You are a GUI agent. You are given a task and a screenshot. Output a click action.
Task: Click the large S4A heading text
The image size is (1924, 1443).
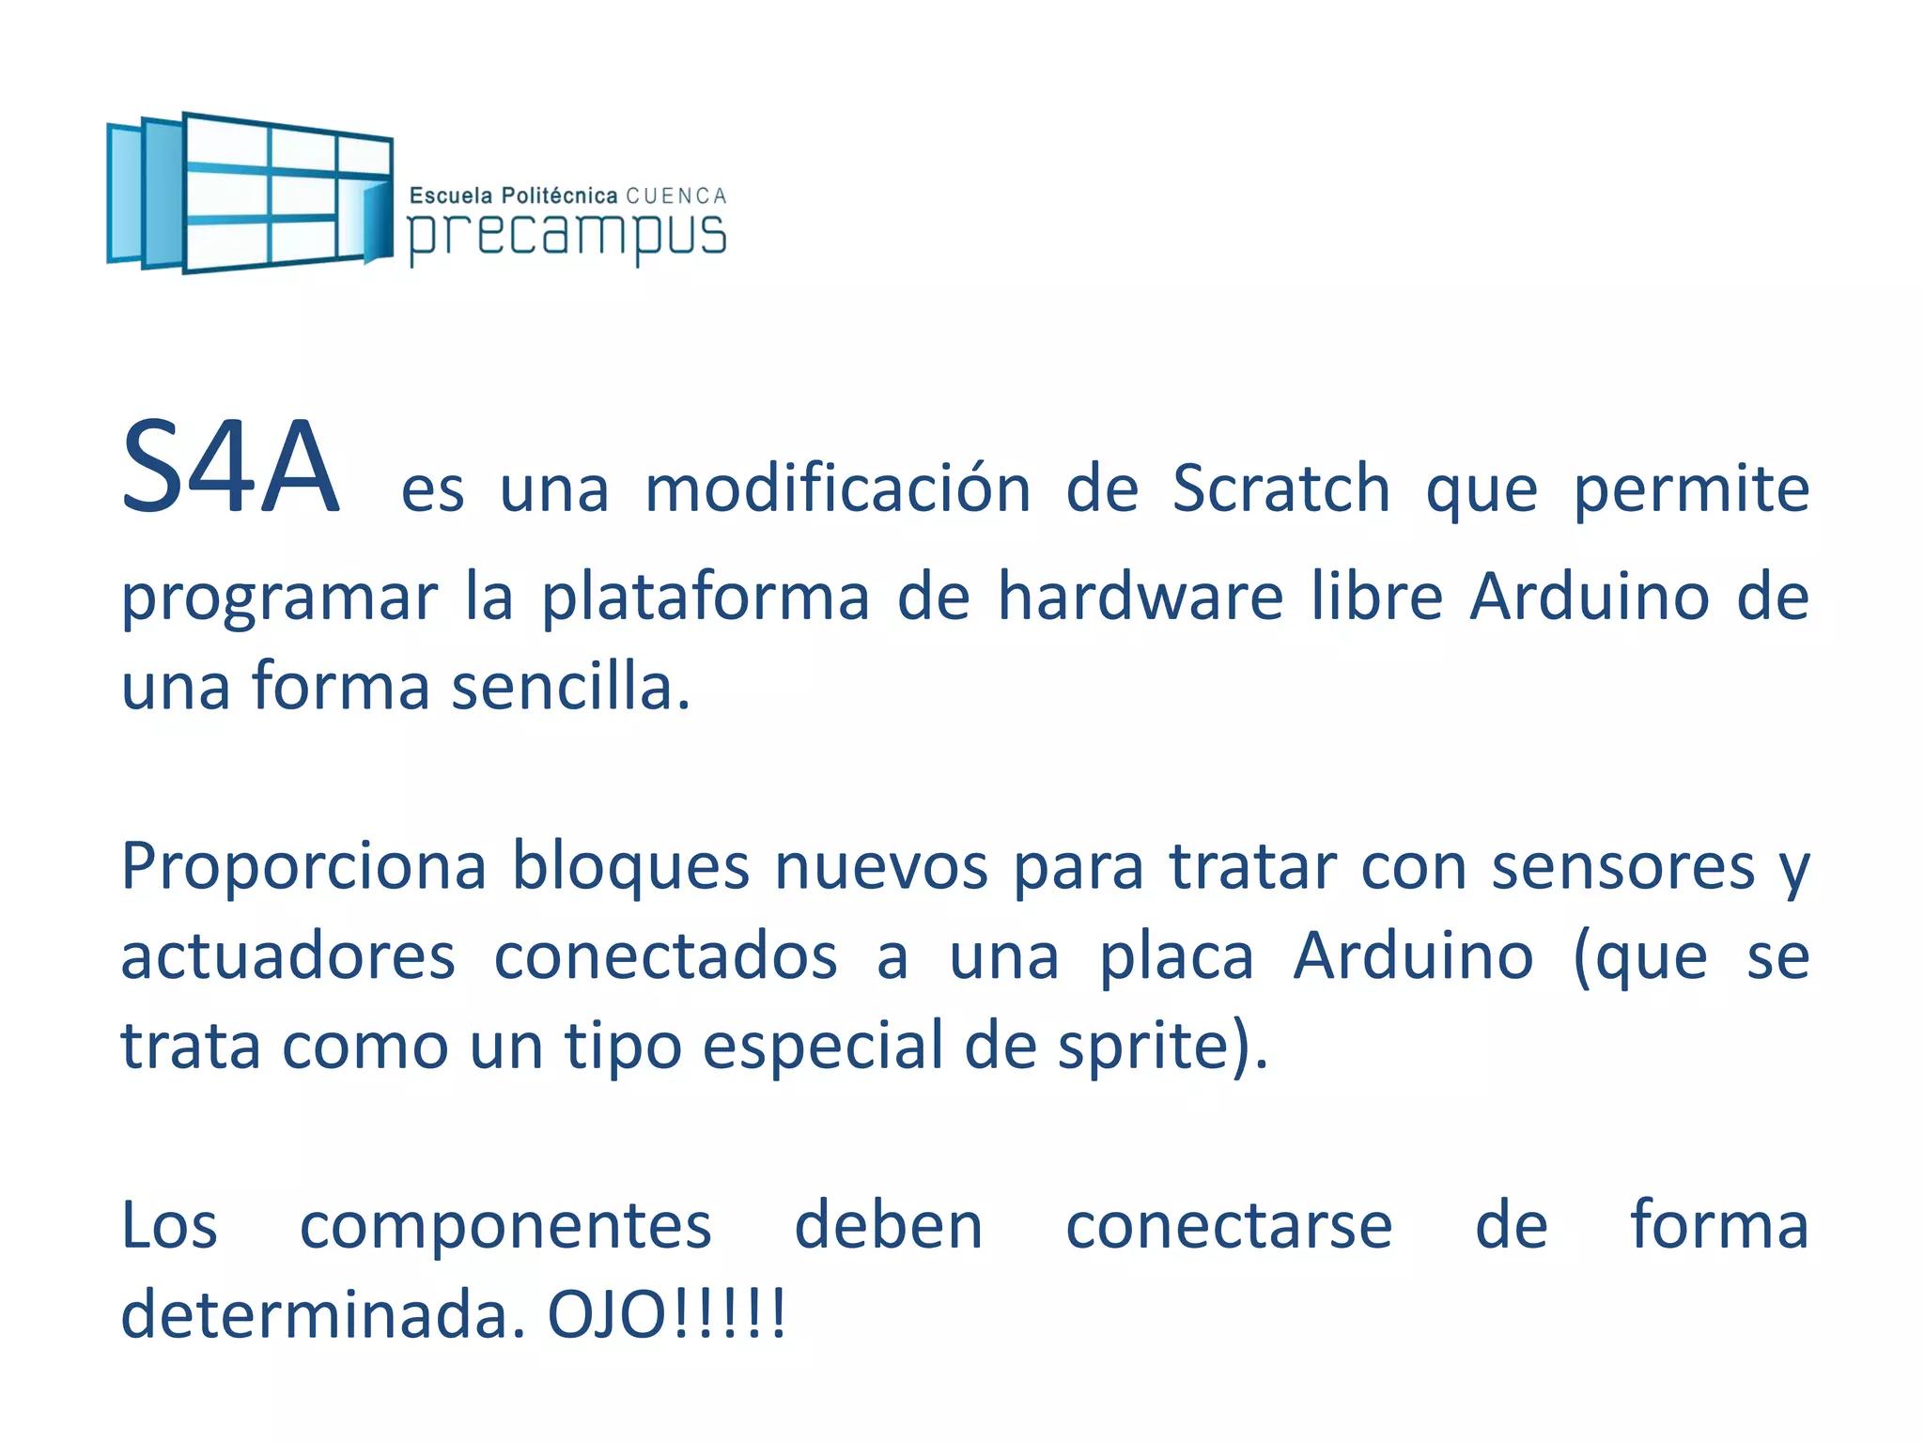coord(230,467)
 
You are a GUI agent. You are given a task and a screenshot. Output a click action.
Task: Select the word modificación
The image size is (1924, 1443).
coord(838,489)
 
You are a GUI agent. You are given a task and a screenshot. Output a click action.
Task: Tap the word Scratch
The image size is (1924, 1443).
coord(1280,489)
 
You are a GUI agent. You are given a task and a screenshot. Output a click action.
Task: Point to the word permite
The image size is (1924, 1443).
coord(1691,490)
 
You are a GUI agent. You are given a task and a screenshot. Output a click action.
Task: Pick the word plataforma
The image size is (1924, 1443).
coord(706,598)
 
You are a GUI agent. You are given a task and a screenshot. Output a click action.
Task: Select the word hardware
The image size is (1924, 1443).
coord(1140,597)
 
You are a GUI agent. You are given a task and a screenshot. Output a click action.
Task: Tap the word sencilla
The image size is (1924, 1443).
coord(570,686)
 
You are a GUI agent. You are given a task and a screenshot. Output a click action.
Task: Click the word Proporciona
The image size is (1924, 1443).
coord(303,866)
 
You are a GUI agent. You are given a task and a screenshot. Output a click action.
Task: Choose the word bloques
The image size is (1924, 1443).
coord(630,866)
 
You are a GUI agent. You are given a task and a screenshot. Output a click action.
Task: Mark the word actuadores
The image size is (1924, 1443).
coord(288,956)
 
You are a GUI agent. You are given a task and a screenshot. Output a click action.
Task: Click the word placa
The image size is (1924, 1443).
coord(1176,956)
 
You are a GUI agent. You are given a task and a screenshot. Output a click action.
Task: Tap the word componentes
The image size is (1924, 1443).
coord(505,1226)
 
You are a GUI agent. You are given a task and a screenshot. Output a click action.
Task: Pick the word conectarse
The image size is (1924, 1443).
coord(1229,1226)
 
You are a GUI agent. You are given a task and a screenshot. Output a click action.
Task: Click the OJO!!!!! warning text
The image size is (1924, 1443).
coord(666,1315)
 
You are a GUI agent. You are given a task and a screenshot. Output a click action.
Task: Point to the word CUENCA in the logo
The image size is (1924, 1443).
coord(676,196)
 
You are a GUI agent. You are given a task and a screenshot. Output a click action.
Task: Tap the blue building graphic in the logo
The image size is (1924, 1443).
coord(250,193)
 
